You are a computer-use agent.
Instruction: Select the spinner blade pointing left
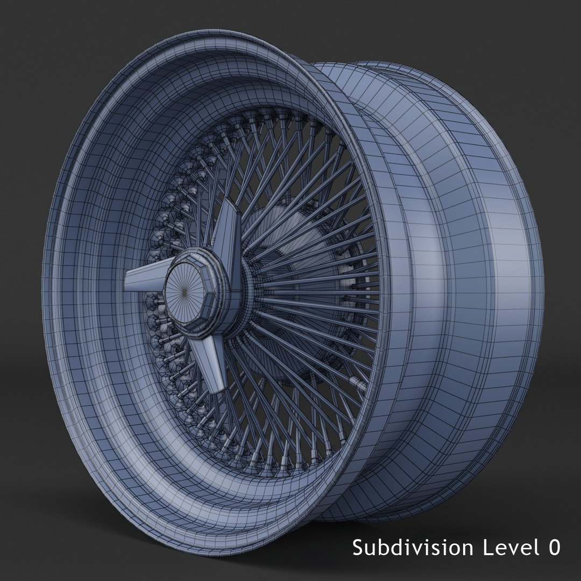[144, 280]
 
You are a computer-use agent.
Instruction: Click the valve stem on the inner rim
[357, 381]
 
